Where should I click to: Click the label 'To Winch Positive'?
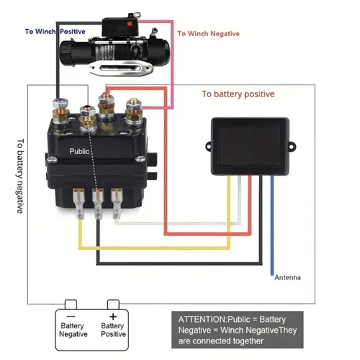pos(55,32)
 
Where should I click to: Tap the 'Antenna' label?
pos(288,277)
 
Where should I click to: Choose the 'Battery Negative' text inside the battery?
pos(73,330)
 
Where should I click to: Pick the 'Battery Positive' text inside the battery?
pos(112,330)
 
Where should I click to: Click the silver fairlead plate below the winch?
pos(120,69)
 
